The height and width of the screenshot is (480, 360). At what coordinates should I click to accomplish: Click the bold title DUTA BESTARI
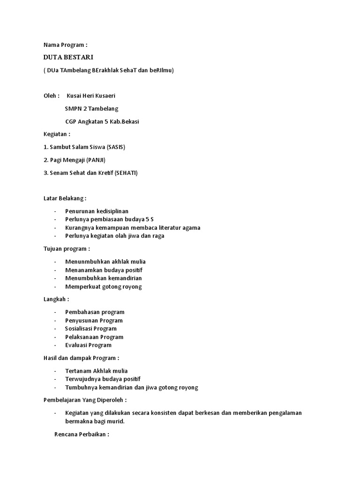click(68, 57)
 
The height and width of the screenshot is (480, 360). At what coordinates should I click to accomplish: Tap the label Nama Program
click(65, 45)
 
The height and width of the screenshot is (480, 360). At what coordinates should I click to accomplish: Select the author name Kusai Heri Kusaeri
click(91, 96)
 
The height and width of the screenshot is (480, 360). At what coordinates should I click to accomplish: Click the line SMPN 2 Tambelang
click(92, 109)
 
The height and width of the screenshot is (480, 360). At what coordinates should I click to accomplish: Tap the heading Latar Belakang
click(65, 198)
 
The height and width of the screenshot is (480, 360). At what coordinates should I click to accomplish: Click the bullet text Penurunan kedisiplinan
click(97, 211)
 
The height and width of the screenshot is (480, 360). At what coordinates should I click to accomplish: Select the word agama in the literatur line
click(191, 228)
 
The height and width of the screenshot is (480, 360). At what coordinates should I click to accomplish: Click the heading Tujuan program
click(67, 248)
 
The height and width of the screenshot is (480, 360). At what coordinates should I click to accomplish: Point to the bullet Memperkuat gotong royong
click(103, 286)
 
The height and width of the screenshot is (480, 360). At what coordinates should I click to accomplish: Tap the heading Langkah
click(56, 299)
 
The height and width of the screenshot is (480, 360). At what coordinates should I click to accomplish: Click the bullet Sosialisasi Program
click(91, 329)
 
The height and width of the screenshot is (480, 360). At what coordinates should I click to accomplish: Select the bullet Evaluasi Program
click(88, 345)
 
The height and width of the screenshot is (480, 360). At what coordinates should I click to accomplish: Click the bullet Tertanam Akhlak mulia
click(96, 371)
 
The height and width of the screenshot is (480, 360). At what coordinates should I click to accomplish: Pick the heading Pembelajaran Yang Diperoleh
click(85, 400)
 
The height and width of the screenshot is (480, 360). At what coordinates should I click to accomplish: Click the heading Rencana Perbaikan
click(82, 434)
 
